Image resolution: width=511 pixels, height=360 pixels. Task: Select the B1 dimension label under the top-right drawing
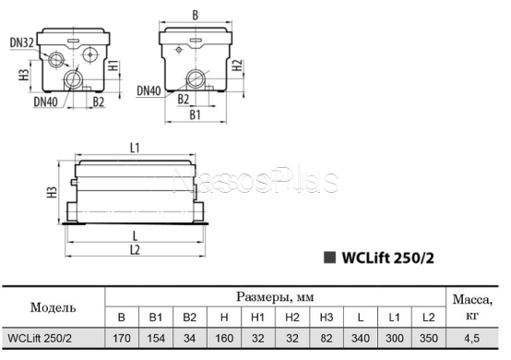(x=195, y=113)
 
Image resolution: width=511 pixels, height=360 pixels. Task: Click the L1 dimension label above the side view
(x=135, y=148)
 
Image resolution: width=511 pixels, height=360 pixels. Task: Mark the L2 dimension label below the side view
(x=135, y=250)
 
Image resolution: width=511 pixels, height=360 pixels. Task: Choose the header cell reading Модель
(x=53, y=306)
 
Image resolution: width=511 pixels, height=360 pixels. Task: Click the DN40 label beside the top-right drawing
(x=149, y=90)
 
